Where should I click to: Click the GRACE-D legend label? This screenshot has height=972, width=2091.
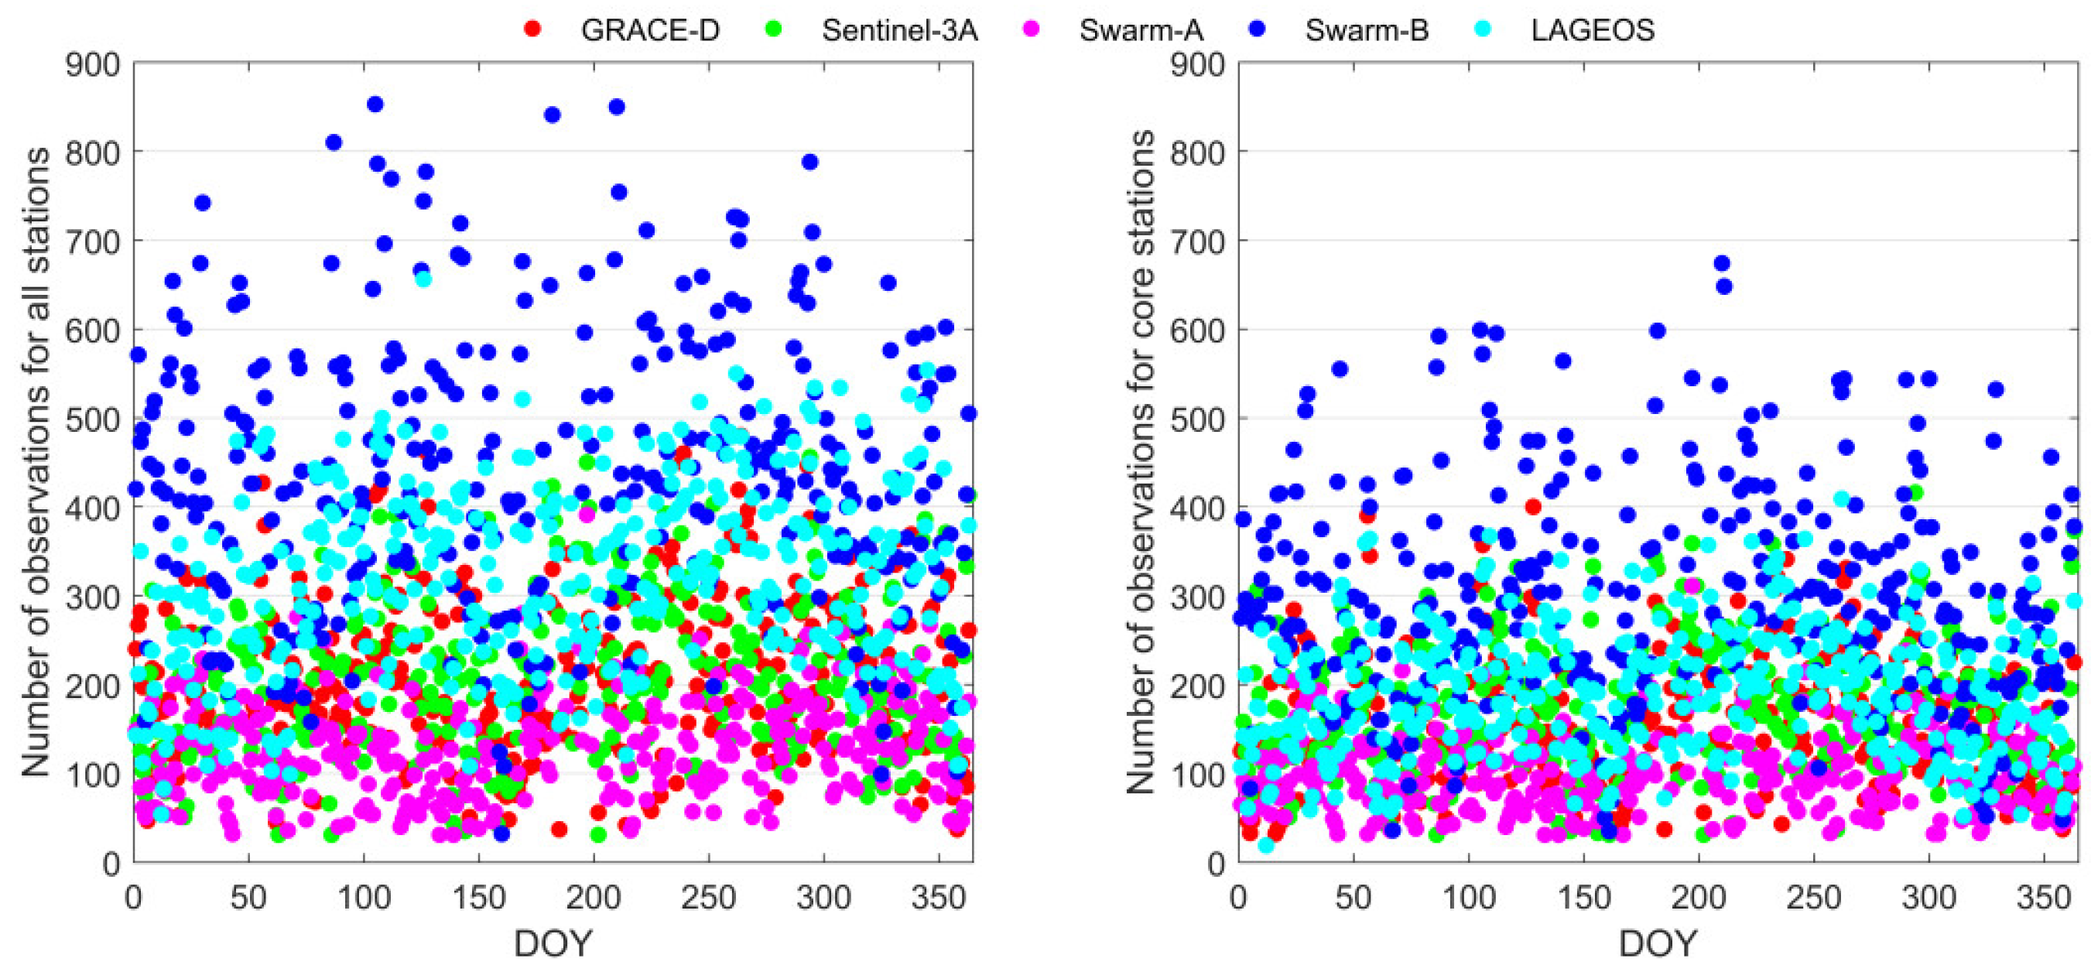(x=649, y=30)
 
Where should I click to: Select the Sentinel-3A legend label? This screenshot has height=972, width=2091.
(x=899, y=30)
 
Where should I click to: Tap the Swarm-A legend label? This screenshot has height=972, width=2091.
(x=1141, y=30)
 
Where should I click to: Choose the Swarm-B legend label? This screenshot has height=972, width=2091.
(x=1367, y=30)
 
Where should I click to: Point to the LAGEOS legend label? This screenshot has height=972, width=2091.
(x=1593, y=30)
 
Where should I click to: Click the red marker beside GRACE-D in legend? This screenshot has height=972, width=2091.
(x=533, y=29)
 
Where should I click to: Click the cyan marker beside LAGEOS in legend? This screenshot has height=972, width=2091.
(x=1482, y=29)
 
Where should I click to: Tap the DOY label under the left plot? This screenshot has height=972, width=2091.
(x=553, y=943)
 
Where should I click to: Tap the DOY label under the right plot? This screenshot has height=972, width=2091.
(x=1658, y=943)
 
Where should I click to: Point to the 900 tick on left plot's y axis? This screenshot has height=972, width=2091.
(x=93, y=64)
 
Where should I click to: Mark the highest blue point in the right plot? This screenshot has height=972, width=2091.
(x=1722, y=263)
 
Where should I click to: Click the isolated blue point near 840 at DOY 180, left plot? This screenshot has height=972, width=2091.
(x=552, y=115)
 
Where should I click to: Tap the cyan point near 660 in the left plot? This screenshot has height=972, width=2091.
(x=423, y=279)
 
